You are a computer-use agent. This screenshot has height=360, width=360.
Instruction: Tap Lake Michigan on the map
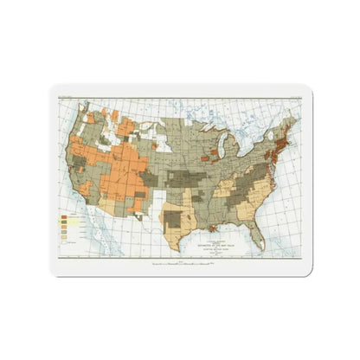222,149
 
